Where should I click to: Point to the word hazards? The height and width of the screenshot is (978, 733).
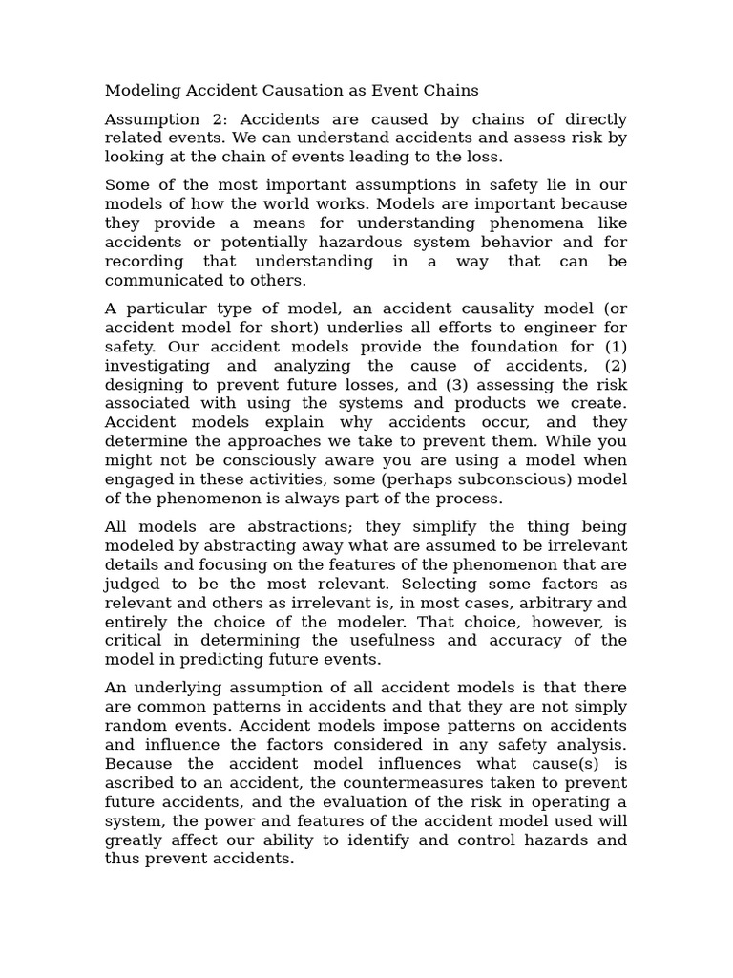coord(555,840)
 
